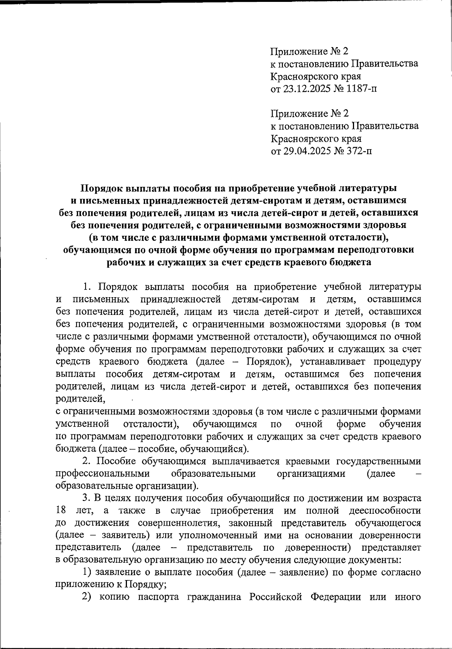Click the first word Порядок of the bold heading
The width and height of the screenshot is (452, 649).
(102, 188)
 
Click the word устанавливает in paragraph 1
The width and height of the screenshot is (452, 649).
(333, 362)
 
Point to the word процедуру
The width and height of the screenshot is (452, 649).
(398, 362)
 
